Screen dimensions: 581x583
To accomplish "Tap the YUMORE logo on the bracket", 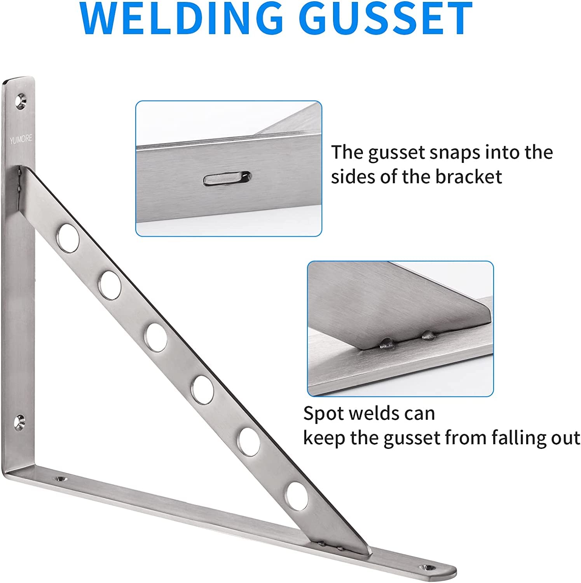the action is coord(21,139).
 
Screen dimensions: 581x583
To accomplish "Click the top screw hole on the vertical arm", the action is coord(21,101).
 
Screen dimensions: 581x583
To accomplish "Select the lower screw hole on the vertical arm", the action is coord(20,422).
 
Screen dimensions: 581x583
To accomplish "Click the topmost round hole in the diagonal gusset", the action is coord(68,237).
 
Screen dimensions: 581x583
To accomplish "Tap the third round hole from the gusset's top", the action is coord(156,337).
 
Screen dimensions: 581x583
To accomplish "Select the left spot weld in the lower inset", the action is coord(386,342).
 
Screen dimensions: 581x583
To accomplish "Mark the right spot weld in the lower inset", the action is coord(428,334).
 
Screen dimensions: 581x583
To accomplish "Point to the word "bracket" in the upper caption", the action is coord(468,176).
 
